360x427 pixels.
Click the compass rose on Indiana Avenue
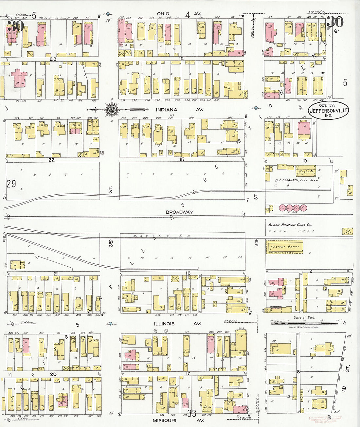112,109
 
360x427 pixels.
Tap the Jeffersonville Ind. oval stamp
328,110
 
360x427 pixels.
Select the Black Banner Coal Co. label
290,225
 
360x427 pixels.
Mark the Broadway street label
179,212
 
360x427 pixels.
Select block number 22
51,160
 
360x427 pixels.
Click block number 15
182,159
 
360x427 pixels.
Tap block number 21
56,274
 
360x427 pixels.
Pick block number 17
188,374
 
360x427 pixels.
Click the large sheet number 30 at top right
335,22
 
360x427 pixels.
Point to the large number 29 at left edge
11,184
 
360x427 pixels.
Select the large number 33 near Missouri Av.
191,413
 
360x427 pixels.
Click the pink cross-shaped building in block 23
20,79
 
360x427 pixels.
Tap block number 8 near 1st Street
298,372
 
